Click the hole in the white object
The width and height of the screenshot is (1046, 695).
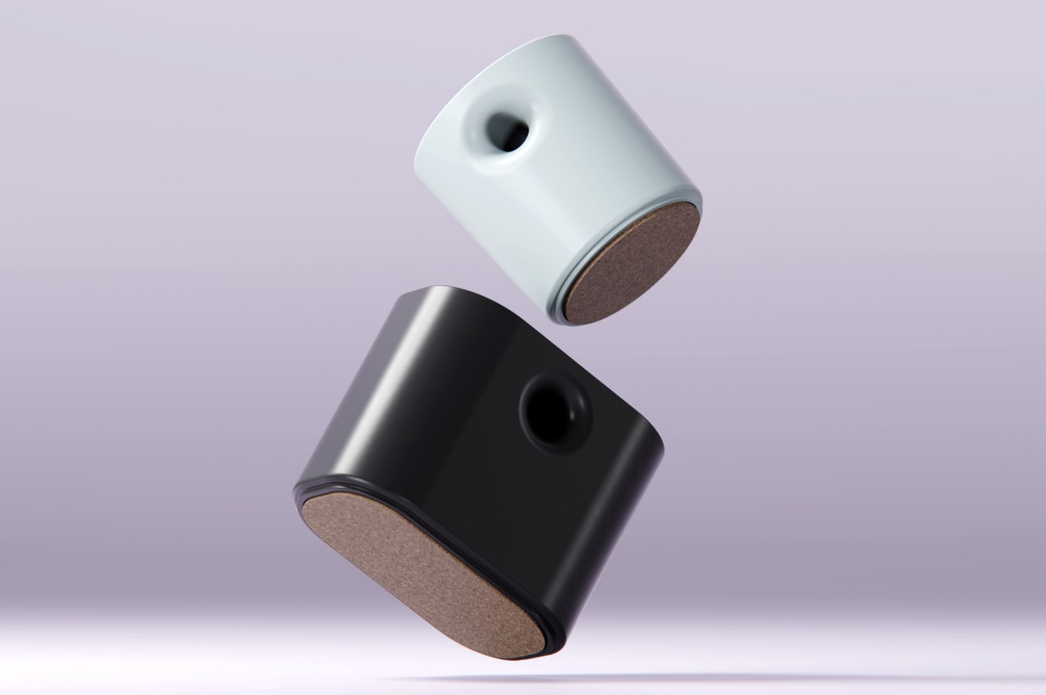tap(507, 130)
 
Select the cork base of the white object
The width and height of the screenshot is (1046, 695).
tap(634, 262)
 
